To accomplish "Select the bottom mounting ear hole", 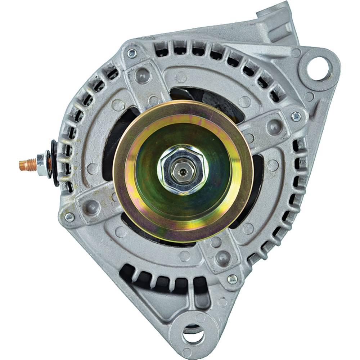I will click(x=193, y=336).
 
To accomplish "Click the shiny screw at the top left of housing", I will click(x=132, y=54).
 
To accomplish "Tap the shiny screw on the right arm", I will click(x=296, y=116).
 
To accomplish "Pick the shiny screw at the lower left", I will click(x=69, y=217).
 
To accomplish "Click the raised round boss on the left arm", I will click(x=92, y=207).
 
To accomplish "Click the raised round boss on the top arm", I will click(x=143, y=75).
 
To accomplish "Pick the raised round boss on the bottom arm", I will click(x=223, y=258).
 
